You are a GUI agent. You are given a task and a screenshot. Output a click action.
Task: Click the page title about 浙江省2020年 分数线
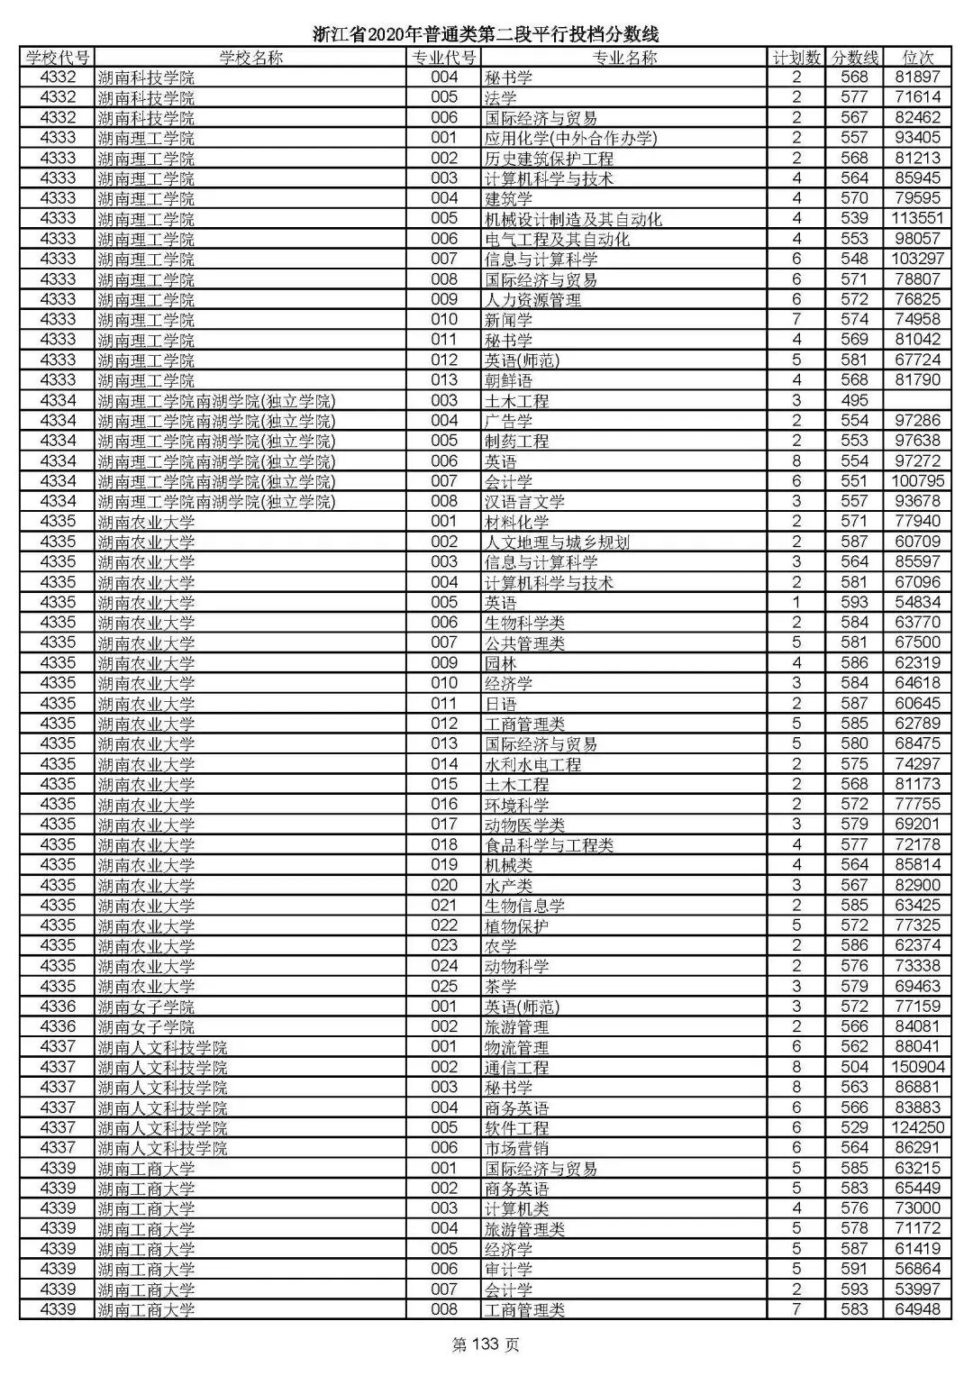[486, 34]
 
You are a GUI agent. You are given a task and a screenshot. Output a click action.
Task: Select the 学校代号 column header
[58, 58]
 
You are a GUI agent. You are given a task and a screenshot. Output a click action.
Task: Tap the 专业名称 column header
[623, 58]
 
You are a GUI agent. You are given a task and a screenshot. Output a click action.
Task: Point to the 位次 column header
[917, 58]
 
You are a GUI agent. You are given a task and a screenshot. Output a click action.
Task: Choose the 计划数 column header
[796, 58]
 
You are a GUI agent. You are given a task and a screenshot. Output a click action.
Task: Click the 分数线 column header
[854, 58]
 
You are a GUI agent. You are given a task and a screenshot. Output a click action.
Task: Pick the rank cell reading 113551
[917, 219]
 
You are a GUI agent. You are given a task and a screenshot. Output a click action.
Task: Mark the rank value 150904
[917, 1067]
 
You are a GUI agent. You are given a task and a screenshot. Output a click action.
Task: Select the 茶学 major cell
[500, 987]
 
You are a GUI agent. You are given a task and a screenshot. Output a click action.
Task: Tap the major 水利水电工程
[532, 764]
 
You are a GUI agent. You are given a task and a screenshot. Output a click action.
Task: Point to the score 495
[854, 401]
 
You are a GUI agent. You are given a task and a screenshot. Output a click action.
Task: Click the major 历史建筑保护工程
[549, 159]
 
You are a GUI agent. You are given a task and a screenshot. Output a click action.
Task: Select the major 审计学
[508, 1269]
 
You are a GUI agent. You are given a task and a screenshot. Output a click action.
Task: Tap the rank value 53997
[917, 1289]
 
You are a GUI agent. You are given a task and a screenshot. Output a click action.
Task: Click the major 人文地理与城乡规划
[557, 542]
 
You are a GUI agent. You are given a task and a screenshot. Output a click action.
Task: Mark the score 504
[854, 1067]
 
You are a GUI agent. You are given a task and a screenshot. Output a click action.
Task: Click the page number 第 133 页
[486, 1345]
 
